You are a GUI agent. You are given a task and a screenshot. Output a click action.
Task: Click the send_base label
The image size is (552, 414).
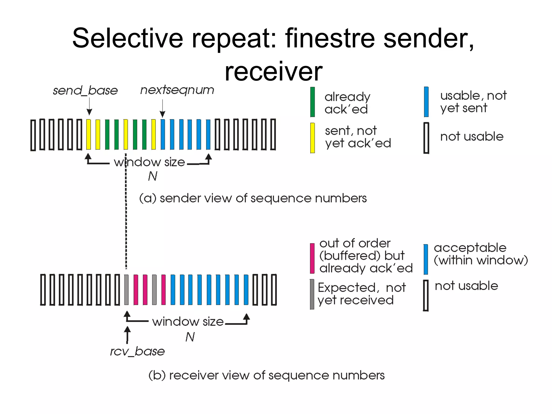[x=85, y=91]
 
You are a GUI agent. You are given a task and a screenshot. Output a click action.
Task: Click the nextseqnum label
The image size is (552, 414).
[x=177, y=90]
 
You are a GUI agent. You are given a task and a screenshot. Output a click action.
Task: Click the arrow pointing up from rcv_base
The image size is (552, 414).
[x=127, y=335]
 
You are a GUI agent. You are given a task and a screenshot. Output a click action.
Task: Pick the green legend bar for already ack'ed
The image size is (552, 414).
[x=312, y=102]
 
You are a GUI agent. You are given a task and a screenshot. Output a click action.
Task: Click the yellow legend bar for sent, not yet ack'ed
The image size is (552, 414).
[x=312, y=138]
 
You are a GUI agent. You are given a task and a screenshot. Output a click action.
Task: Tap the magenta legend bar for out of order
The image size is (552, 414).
[x=312, y=258]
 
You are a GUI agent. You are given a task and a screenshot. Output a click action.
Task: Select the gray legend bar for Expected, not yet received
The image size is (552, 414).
[x=312, y=294]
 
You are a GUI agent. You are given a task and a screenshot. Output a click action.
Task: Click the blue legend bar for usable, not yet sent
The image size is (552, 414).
[x=426, y=102]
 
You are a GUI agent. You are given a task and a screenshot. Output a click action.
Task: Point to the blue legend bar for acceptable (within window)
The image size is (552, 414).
[x=426, y=259]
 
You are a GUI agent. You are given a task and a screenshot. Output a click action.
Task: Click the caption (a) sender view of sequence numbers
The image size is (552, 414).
[x=253, y=198]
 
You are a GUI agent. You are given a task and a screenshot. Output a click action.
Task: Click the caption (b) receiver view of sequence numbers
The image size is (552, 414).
[x=266, y=375]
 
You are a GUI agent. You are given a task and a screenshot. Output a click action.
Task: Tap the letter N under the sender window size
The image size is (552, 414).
[x=153, y=176]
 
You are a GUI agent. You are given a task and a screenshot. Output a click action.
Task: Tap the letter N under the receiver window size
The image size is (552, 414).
[x=190, y=337]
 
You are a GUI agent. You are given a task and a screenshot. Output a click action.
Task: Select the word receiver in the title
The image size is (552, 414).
[x=273, y=71]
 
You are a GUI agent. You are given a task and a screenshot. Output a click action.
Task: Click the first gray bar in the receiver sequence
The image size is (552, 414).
[x=126, y=290]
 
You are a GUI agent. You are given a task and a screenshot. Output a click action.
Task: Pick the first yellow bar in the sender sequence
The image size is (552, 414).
[x=88, y=134]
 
